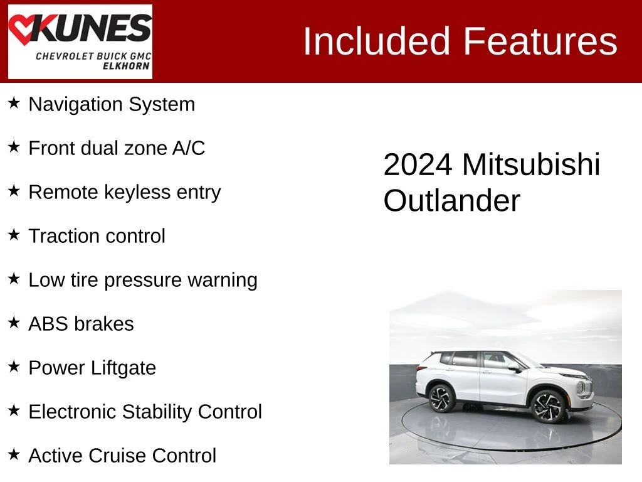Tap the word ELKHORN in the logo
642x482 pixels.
(x=126, y=66)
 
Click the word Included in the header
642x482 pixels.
(x=377, y=41)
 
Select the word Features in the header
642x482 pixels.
(x=540, y=41)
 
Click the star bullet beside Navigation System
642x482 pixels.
(x=14, y=103)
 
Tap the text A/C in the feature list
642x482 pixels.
(x=188, y=148)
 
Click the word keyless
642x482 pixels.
(x=137, y=192)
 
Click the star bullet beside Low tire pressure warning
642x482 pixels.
(x=14, y=279)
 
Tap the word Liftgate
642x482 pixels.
(x=124, y=368)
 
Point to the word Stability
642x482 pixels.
(x=157, y=412)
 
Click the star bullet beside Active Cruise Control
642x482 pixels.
(x=14, y=454)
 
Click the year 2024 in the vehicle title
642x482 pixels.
(x=418, y=165)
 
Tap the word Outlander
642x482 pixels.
(x=451, y=201)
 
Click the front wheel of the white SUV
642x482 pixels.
(x=547, y=406)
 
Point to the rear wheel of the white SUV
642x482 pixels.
(x=441, y=398)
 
